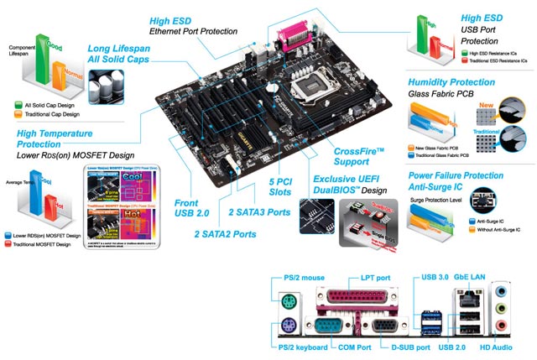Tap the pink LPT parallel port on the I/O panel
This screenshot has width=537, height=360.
click(x=346, y=295)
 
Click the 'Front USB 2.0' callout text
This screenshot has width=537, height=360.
click(x=191, y=209)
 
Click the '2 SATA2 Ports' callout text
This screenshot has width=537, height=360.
click(x=225, y=234)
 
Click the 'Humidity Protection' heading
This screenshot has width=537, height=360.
click(x=451, y=82)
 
